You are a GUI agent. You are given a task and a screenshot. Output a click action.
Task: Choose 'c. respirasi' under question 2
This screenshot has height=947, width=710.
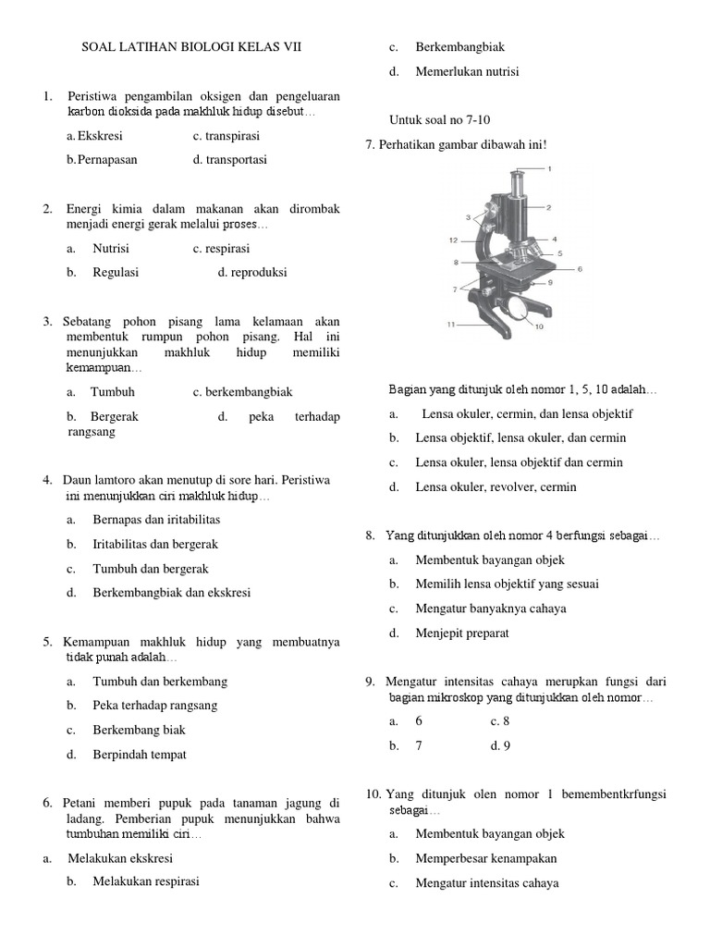click(x=221, y=249)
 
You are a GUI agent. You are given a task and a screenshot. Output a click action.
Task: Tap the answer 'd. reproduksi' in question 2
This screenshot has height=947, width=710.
click(x=252, y=273)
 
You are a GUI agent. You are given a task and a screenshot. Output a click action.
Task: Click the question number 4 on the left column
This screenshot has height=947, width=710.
click(x=47, y=481)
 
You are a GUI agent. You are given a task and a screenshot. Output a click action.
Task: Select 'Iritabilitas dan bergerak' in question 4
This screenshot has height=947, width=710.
click(x=154, y=545)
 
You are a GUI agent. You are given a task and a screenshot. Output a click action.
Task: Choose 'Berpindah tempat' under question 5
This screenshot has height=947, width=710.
click(x=139, y=754)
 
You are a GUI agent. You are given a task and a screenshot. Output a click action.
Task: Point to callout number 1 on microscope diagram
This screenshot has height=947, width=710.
click(x=549, y=169)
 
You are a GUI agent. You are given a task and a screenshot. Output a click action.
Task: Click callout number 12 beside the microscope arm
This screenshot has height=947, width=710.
click(x=454, y=240)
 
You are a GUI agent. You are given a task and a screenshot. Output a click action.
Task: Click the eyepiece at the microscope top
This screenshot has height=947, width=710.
click(x=515, y=177)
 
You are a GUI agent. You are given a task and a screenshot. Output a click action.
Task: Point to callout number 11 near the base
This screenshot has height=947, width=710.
click(x=451, y=325)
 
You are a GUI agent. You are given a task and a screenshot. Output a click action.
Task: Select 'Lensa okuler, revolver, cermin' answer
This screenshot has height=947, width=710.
click(x=496, y=486)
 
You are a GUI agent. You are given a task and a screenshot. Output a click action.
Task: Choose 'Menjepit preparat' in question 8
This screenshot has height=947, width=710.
click(x=461, y=633)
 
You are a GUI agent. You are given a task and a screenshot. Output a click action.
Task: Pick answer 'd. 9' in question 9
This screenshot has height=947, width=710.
click(x=500, y=744)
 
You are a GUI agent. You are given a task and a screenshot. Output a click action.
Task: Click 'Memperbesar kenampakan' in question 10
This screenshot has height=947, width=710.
click(x=485, y=858)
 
